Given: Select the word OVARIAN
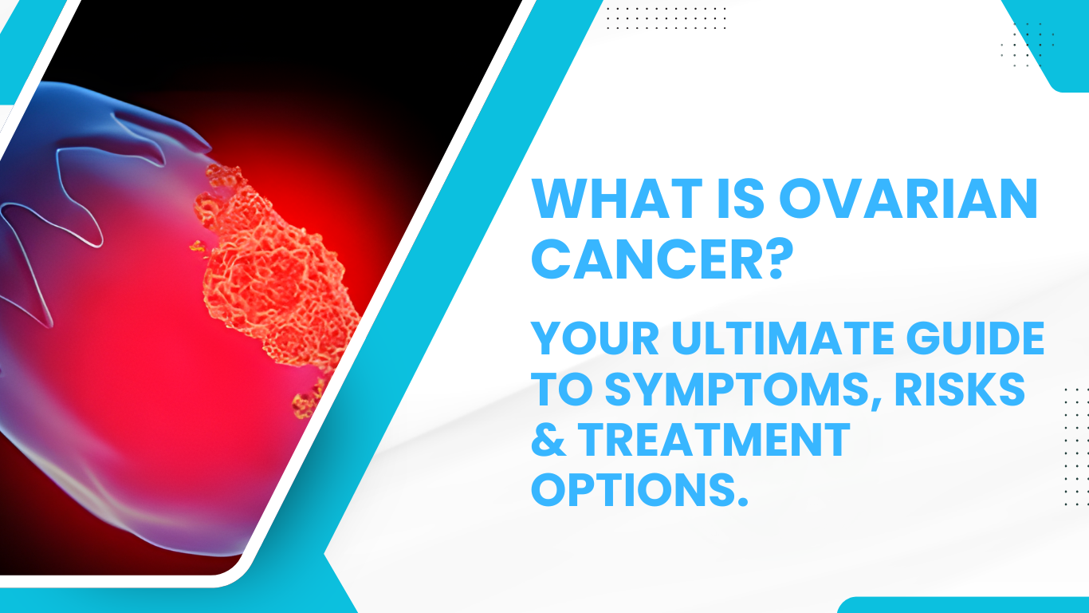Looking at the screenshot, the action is click(909, 199).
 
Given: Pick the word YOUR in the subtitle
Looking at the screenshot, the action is click(595, 338).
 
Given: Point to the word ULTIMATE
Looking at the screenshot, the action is click(783, 338).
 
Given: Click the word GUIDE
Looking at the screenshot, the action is click(976, 338).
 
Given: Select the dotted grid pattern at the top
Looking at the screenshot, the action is click(666, 18).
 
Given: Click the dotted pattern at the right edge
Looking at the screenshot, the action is click(1075, 446).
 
